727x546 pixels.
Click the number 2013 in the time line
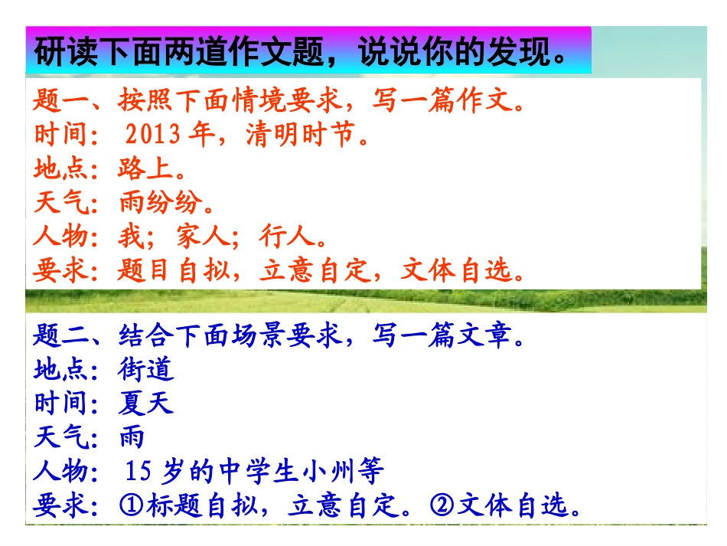click(153, 136)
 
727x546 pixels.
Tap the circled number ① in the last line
click(131, 506)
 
